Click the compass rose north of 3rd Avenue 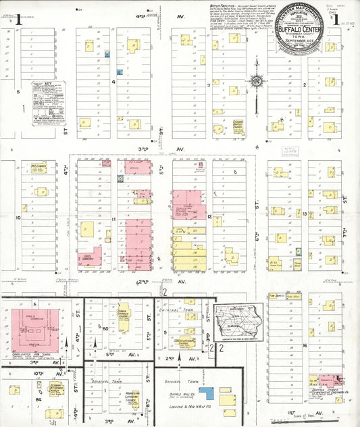coord(257,82)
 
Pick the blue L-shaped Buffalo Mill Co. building coord(205,391)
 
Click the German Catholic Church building coord(124,315)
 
